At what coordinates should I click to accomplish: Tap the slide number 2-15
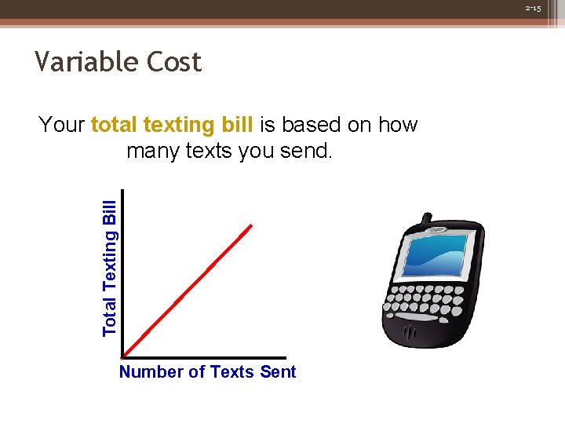point(533,8)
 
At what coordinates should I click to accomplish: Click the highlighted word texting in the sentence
point(178,125)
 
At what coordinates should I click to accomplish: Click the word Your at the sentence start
point(62,125)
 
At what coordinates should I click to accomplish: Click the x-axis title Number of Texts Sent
point(207,372)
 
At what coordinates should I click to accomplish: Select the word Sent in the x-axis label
point(278,372)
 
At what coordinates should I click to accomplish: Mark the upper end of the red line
point(251,226)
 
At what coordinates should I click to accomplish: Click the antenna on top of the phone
point(425,218)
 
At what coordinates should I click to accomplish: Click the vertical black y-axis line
point(124,275)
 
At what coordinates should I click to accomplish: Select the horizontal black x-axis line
point(204,358)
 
